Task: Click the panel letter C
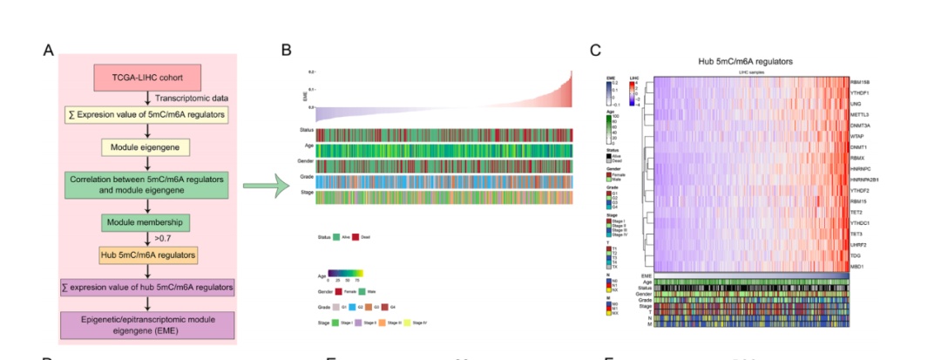[595, 50]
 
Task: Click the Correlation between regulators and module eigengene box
[146, 185]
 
